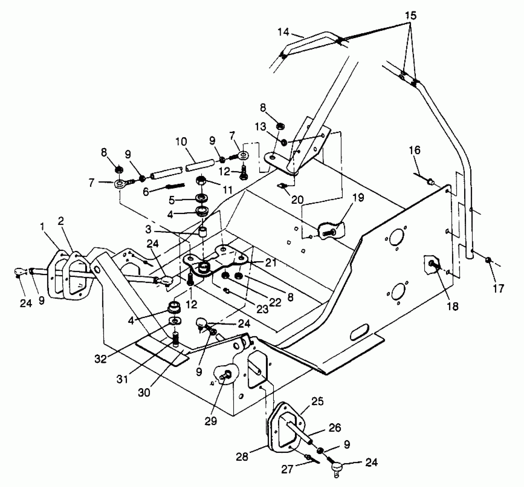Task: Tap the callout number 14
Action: (283, 32)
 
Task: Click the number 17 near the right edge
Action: (498, 288)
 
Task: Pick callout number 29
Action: (211, 421)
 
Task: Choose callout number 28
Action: (242, 456)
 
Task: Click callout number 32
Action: (101, 358)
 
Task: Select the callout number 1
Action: (43, 227)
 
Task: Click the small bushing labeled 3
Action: (203, 231)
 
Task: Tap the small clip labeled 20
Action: (282, 186)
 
